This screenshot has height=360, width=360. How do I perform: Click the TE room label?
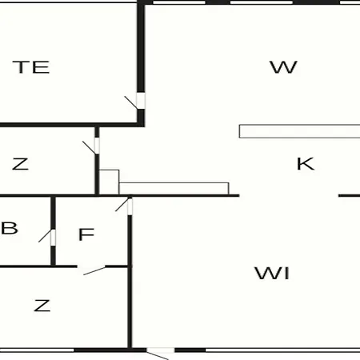click(31, 67)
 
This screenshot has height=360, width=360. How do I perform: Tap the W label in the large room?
click(283, 67)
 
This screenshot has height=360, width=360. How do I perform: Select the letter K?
click(306, 164)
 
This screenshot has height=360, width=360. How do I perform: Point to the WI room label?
click(272, 273)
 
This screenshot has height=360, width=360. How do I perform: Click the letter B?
click(10, 228)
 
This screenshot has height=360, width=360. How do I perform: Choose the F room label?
click(86, 234)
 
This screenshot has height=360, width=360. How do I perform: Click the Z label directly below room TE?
click(20, 164)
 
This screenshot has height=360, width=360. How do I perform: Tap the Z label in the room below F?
click(42, 306)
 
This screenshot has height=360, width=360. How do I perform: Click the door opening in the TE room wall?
click(141, 101)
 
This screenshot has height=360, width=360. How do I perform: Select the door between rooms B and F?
click(53, 238)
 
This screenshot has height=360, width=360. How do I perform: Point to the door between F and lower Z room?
click(91, 267)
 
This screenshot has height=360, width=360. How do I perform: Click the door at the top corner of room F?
click(130, 206)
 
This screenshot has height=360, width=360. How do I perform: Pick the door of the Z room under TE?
click(97, 146)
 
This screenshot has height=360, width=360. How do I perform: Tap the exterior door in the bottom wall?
click(160, 350)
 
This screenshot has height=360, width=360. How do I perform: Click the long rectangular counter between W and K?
click(300, 131)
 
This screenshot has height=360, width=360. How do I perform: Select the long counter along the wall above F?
click(174, 189)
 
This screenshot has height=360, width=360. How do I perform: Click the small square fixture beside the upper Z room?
click(109, 182)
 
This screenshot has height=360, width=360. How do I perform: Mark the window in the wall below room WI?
click(282, 350)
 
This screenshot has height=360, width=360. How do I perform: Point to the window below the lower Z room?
click(37, 350)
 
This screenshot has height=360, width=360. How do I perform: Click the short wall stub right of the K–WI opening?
click(350, 196)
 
